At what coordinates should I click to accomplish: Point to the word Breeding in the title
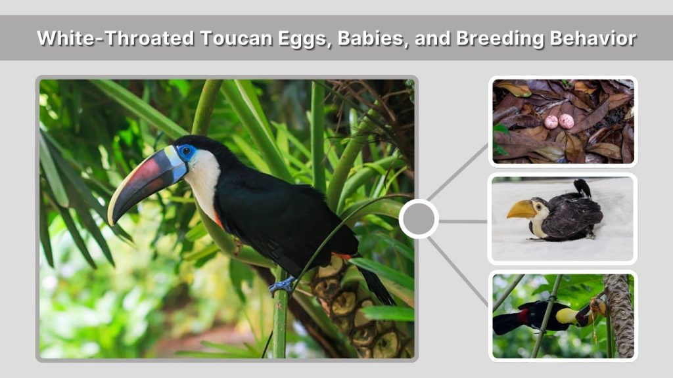498,38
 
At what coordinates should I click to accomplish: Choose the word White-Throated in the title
116,38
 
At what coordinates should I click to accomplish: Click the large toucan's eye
186,152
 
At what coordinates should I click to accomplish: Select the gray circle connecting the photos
418,219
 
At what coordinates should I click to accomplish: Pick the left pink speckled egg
551,121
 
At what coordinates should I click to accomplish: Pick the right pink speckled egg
567,121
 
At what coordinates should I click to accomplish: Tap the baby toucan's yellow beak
520,209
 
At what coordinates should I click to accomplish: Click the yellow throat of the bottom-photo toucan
567,316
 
